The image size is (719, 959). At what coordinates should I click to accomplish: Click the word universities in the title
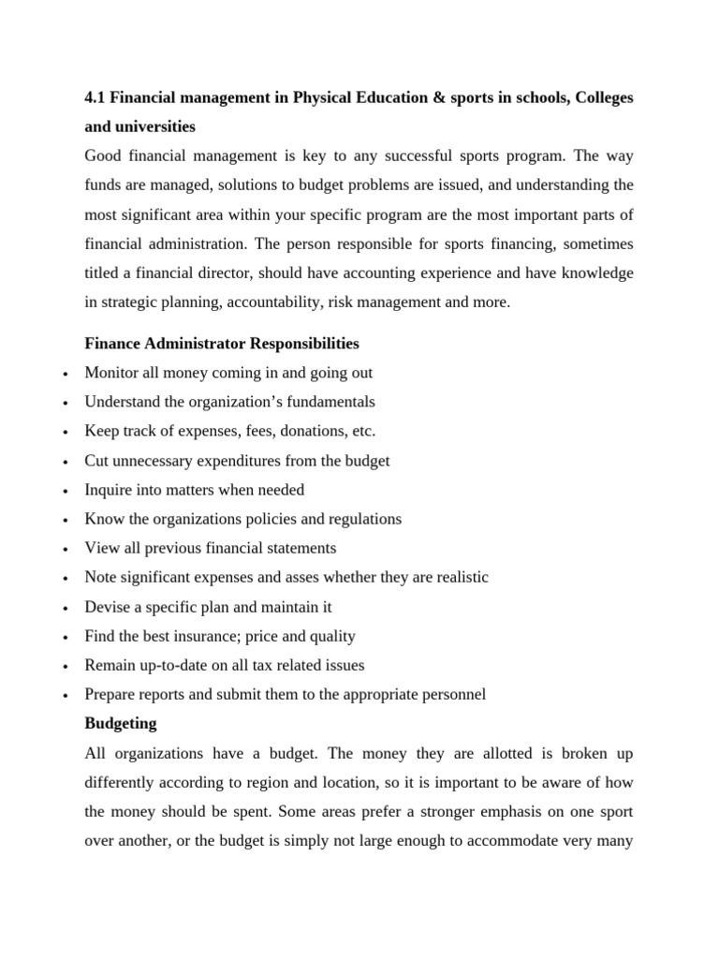(154, 125)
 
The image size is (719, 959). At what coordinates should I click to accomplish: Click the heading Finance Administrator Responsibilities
(221, 344)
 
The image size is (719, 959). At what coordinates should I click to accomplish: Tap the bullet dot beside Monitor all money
(64, 375)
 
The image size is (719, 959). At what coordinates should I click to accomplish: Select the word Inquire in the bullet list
(110, 490)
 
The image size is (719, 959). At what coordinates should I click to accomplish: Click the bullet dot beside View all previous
(64, 550)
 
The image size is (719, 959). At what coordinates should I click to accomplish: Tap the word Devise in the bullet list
(107, 607)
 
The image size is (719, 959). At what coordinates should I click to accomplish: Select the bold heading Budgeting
(121, 724)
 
